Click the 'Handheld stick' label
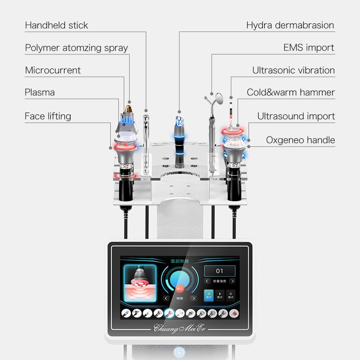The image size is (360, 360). click(56, 25)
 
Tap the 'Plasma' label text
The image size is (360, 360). click(40, 92)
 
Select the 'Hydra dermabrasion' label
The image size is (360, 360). click(290, 25)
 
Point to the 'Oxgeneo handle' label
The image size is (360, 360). click(300, 140)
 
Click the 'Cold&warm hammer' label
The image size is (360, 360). click(291, 92)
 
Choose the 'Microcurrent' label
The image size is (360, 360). click(53, 70)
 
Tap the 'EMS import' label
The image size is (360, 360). click(309, 48)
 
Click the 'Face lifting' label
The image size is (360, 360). click(48, 116)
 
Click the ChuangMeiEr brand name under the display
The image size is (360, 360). click(180, 327)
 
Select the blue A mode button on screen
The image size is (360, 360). click(208, 295)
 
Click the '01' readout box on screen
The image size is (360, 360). click(220, 271)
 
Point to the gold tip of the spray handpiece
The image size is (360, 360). click(129, 108)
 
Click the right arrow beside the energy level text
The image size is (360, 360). click(232, 281)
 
